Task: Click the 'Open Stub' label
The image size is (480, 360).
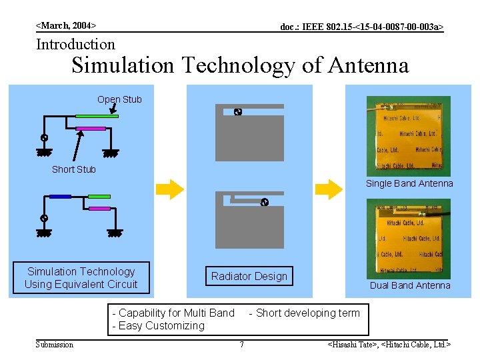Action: (119, 99)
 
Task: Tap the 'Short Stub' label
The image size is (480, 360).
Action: (74, 169)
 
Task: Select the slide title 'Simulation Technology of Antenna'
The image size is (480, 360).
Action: (240, 65)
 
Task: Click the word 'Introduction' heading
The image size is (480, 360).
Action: (75, 45)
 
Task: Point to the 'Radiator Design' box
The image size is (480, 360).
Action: (249, 276)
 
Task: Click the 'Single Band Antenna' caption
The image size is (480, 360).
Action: (409, 183)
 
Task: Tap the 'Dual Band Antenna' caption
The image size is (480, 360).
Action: (410, 285)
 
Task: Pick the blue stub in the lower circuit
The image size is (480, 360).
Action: (60, 196)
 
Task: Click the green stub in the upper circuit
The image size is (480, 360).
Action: (97, 116)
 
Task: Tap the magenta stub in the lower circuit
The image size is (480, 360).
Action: (99, 209)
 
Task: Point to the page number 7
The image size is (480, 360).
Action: (241, 345)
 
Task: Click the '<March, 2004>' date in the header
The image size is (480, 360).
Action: (66, 25)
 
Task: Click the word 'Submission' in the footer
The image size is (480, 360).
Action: (55, 345)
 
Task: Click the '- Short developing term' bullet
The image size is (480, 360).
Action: (304, 313)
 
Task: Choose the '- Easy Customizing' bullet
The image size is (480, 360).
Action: (158, 325)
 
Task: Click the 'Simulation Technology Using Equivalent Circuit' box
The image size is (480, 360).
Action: (81, 277)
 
